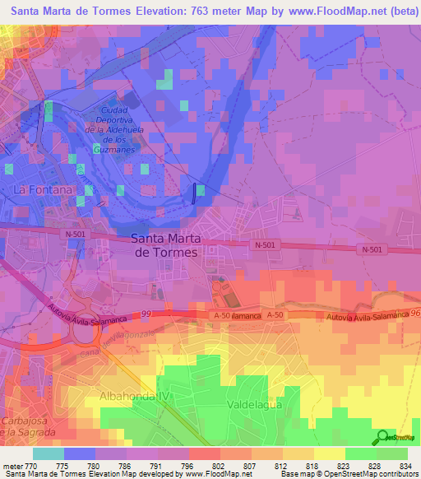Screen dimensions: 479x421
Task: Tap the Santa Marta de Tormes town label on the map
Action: coord(164,245)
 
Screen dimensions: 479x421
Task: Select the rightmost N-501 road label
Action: coord(372,249)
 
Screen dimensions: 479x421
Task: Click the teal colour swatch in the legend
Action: coord(49,453)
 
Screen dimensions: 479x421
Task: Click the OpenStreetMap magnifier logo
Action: coord(383,438)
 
